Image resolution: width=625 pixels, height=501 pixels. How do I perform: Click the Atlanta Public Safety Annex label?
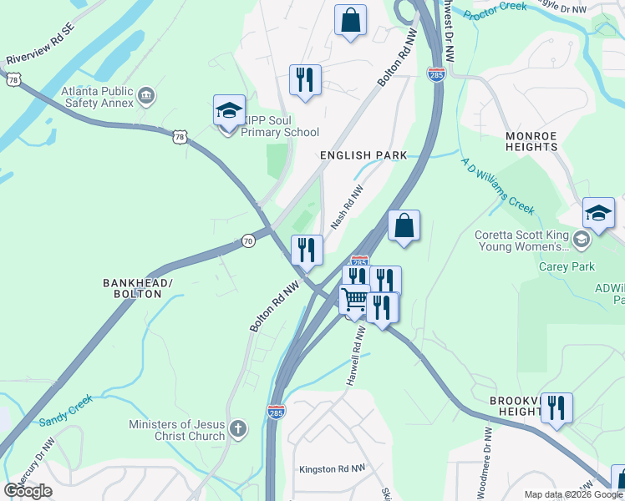[97, 96]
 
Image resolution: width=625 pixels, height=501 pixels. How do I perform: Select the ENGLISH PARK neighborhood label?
[363, 155]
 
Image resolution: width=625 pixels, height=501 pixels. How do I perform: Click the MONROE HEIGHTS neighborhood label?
[531, 140]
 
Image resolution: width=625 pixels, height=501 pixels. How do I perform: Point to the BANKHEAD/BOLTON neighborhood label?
[137, 289]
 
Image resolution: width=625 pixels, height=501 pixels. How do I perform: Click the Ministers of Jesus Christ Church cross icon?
[238, 429]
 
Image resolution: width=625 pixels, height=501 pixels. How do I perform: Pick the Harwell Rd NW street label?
[357, 356]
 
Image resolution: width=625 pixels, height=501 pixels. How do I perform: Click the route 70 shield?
[248, 241]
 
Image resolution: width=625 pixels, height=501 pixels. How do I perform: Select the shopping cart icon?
[355, 298]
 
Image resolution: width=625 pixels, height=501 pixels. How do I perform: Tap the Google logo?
[28, 491]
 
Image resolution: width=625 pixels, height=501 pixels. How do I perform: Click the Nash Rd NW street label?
[347, 207]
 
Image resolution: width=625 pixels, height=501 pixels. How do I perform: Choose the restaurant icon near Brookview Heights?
[556, 408]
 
